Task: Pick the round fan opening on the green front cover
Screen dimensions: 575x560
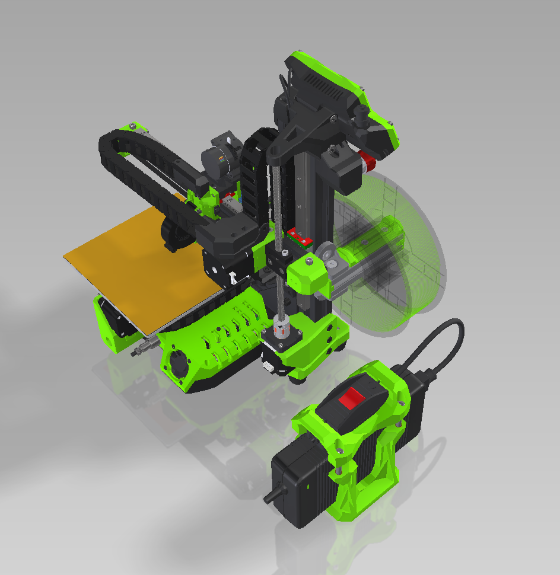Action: pos(177,360)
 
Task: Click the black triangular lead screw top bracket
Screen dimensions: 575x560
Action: pos(297,138)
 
